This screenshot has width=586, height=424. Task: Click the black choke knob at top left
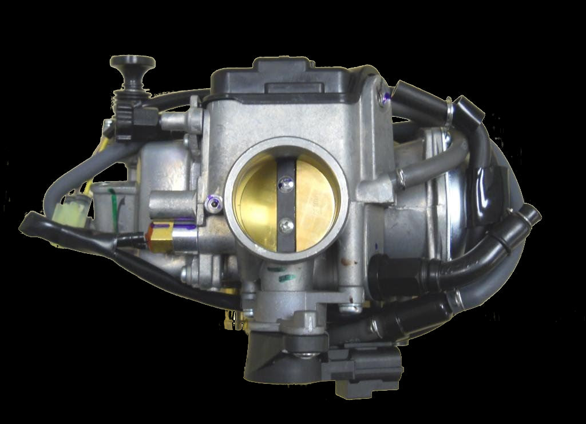tap(133, 62)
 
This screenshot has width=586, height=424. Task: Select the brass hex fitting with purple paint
tap(158, 236)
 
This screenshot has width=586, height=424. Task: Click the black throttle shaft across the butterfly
tap(286, 203)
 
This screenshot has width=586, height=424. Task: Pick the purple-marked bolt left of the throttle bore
tap(213, 202)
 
